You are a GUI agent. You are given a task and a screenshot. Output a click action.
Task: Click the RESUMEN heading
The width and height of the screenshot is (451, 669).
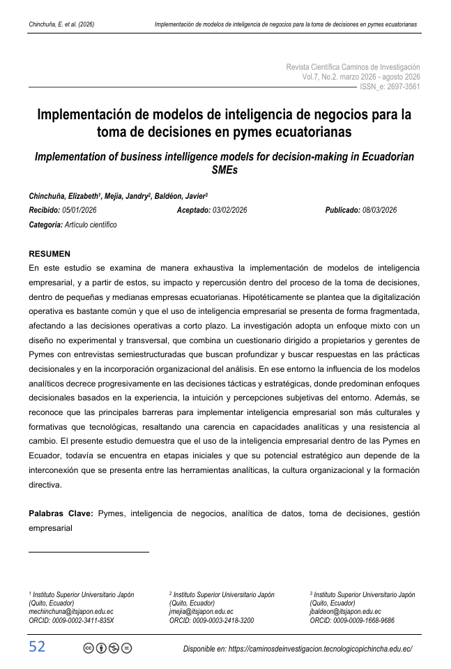(x=49, y=253)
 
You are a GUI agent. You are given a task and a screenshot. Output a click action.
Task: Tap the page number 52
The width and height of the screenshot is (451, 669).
(x=37, y=647)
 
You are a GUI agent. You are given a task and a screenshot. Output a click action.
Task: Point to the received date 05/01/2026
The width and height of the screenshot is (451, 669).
(x=79, y=210)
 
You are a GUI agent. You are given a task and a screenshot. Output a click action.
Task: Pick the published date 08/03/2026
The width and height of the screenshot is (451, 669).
(x=379, y=210)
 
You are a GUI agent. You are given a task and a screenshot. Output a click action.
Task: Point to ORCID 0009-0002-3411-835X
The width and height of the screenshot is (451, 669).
(x=71, y=619)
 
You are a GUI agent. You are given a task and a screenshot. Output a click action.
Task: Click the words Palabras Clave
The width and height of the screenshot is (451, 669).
(x=61, y=513)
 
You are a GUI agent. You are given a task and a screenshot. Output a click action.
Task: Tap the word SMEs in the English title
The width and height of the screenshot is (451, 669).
(x=224, y=169)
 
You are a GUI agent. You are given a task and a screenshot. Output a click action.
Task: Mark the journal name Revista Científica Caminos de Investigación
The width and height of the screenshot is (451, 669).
(x=353, y=66)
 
